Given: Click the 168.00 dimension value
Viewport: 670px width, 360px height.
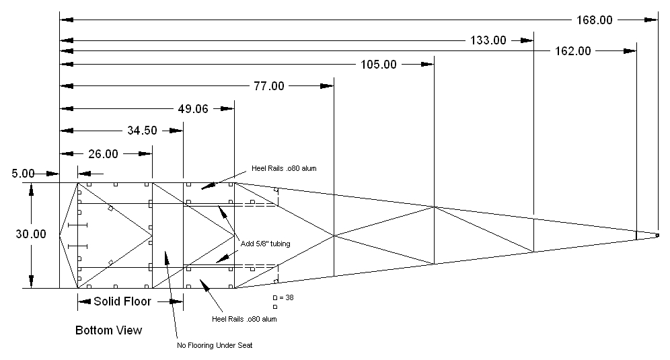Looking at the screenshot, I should (595, 20).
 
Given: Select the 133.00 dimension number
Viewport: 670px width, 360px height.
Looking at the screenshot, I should (488, 40).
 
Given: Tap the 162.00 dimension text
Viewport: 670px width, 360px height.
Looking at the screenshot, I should (573, 50).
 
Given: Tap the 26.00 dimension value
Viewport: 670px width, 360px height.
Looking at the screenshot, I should (102, 153).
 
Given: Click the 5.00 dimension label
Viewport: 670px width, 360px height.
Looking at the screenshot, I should (20, 174).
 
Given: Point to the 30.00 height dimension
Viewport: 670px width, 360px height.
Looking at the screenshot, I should (30, 234).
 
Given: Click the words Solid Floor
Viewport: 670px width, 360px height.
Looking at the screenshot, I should (122, 301).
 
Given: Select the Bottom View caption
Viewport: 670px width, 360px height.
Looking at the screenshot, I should (109, 330).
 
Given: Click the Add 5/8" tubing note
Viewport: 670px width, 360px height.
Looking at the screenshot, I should (264, 244).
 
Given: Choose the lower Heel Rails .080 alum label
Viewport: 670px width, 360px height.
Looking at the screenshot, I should (244, 319).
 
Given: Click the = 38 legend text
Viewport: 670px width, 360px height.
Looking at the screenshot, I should (286, 297).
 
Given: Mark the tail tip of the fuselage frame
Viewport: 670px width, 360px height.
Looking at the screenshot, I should (657, 235).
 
